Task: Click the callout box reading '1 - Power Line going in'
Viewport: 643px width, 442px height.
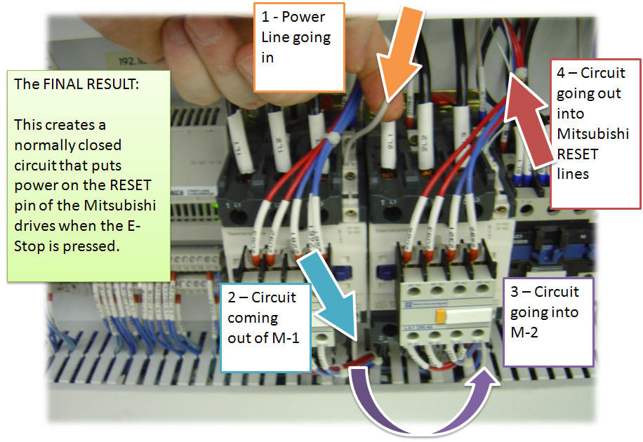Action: [298, 46]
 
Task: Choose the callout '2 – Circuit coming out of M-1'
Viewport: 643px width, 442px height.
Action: [265, 327]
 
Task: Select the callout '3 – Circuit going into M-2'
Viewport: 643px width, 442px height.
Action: [548, 322]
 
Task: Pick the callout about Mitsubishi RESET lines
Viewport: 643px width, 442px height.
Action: [595, 133]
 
